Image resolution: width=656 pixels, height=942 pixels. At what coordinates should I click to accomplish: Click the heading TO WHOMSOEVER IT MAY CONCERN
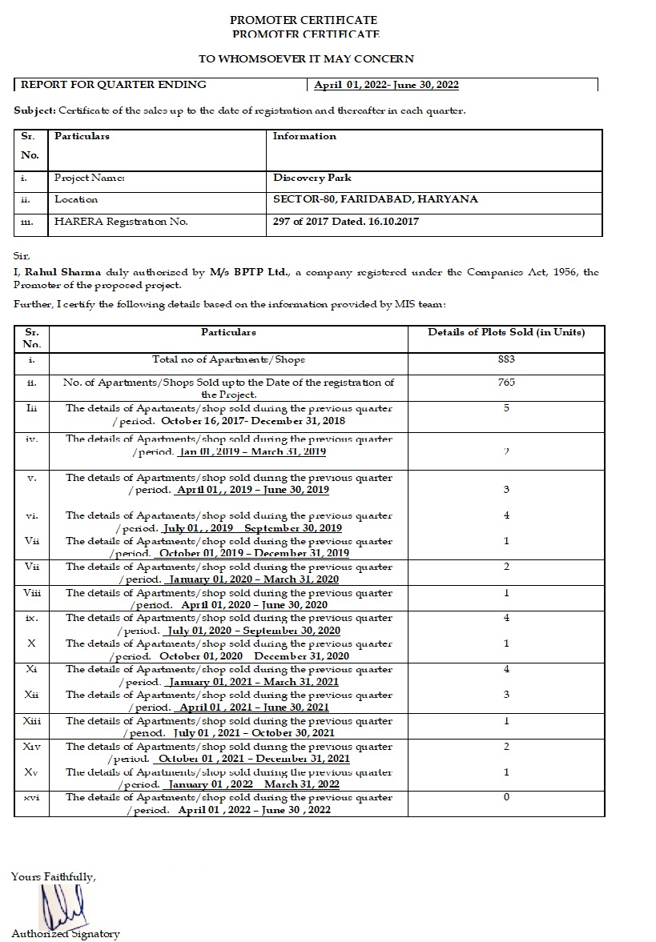(x=306, y=58)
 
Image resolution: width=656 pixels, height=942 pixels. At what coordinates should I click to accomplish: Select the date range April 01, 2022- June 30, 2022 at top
(x=386, y=85)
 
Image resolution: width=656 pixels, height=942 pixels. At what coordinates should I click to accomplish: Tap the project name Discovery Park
(x=312, y=178)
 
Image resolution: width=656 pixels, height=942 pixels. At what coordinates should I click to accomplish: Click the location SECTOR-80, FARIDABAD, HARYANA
(x=375, y=199)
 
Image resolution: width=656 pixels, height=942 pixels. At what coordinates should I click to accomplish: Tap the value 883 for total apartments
(x=506, y=359)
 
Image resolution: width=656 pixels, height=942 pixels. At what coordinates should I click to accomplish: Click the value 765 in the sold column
(x=506, y=383)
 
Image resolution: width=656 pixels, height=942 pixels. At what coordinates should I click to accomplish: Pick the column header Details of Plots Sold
(x=506, y=332)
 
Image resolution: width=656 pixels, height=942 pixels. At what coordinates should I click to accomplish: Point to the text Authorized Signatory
(x=66, y=934)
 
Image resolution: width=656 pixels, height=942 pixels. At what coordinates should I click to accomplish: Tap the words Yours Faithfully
(x=54, y=876)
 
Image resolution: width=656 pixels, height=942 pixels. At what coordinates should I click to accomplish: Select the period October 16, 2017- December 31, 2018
(x=253, y=420)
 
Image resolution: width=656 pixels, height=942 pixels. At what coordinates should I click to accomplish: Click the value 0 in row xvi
(x=506, y=797)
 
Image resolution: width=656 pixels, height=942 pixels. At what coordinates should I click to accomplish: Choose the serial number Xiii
(x=32, y=721)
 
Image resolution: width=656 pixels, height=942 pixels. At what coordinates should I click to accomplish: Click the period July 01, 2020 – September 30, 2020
(x=254, y=631)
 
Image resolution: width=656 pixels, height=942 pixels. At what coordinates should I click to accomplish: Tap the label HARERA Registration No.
(x=121, y=222)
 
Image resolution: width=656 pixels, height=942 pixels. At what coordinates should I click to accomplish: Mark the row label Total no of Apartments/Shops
(x=228, y=359)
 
